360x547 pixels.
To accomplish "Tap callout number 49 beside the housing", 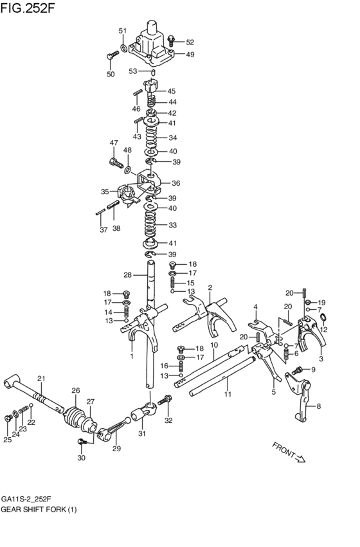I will click(x=190, y=55).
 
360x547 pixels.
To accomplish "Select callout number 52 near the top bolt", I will click(x=190, y=42).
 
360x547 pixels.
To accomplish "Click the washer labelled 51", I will click(x=123, y=47).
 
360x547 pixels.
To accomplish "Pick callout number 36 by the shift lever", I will click(x=175, y=183).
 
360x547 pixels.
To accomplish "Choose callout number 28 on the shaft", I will click(x=128, y=275).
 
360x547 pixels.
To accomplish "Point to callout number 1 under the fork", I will click(x=131, y=356).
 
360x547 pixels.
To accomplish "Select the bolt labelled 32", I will click(x=164, y=401).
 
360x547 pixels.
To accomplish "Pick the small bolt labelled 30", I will click(x=82, y=442).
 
